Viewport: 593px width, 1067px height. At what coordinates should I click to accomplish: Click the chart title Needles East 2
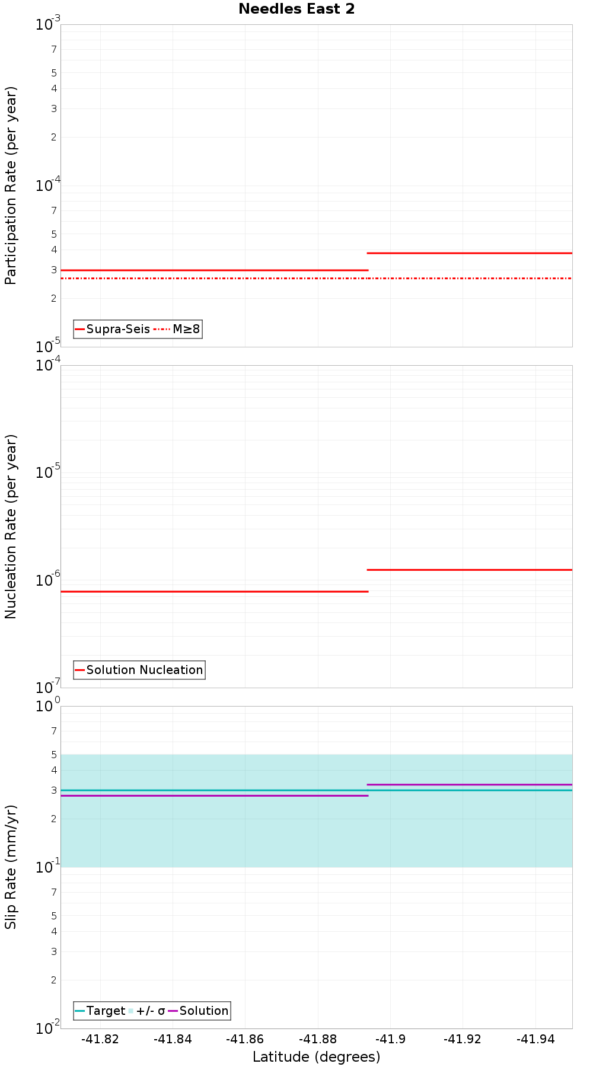(x=296, y=9)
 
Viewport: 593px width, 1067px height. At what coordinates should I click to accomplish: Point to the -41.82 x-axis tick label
(x=100, y=1039)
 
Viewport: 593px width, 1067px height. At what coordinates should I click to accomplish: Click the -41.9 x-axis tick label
(x=390, y=1039)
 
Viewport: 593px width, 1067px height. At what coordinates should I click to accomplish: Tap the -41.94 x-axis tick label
(x=535, y=1039)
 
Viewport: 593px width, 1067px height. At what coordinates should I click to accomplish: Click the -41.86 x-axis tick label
(x=245, y=1039)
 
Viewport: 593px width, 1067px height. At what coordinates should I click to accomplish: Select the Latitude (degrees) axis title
(x=316, y=1057)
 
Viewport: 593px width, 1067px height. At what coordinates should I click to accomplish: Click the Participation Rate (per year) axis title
(x=11, y=186)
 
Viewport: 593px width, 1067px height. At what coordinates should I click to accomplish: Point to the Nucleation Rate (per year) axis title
(x=11, y=526)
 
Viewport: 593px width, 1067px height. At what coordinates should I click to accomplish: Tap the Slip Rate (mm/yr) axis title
(x=11, y=867)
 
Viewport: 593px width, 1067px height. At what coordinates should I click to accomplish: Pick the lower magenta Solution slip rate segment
(x=214, y=796)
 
